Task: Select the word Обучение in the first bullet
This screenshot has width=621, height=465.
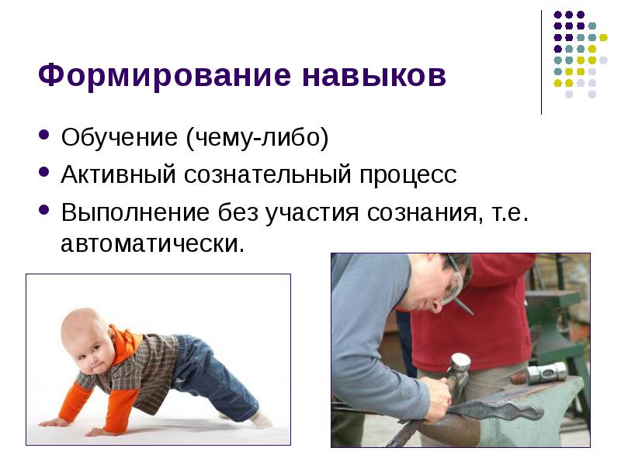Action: point(118,139)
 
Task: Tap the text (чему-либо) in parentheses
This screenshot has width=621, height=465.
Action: point(257,139)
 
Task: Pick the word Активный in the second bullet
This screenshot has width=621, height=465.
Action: point(117,175)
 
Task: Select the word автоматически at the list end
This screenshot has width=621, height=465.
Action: point(152,244)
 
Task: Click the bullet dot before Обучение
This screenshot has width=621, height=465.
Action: point(45,139)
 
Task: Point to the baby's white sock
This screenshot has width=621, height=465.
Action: point(259,419)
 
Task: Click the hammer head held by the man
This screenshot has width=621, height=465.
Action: point(460,364)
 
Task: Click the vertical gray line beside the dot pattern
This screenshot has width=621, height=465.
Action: point(541,62)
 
